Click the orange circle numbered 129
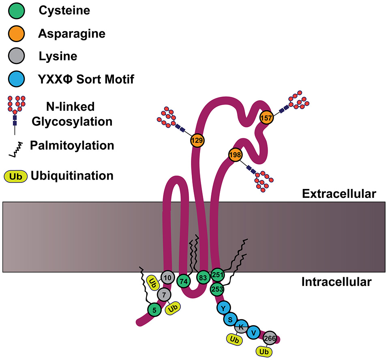(197, 140)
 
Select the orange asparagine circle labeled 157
(266, 118)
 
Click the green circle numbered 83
(203, 277)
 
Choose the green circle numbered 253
(217, 289)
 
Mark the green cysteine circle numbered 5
(154, 310)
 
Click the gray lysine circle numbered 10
(167, 277)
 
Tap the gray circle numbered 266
(270, 337)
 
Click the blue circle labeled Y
(223, 308)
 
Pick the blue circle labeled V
(253, 332)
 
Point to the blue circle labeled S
(230, 319)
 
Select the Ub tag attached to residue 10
(153, 283)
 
